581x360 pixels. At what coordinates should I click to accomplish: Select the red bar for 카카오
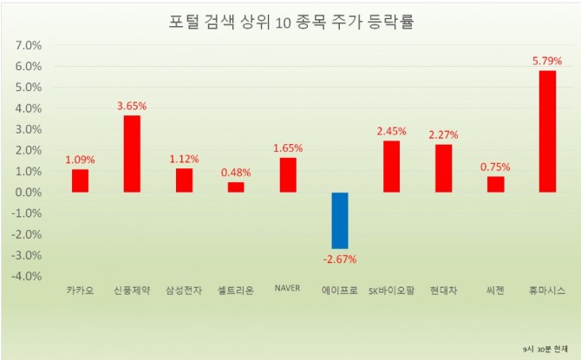(80, 180)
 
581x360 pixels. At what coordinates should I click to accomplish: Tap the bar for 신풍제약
(132, 154)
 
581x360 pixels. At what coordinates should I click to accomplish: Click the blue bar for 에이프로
(340, 220)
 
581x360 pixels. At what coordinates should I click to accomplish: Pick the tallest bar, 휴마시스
(547, 131)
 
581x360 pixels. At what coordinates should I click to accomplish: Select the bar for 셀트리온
(236, 187)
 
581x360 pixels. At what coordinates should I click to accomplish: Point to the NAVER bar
(288, 174)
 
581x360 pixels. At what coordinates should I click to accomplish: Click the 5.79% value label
(547, 61)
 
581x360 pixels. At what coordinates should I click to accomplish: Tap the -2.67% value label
(340, 259)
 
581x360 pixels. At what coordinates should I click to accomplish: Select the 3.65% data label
(132, 106)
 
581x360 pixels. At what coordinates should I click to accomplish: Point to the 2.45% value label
(392, 131)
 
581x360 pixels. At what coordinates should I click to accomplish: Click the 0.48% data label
(236, 172)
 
